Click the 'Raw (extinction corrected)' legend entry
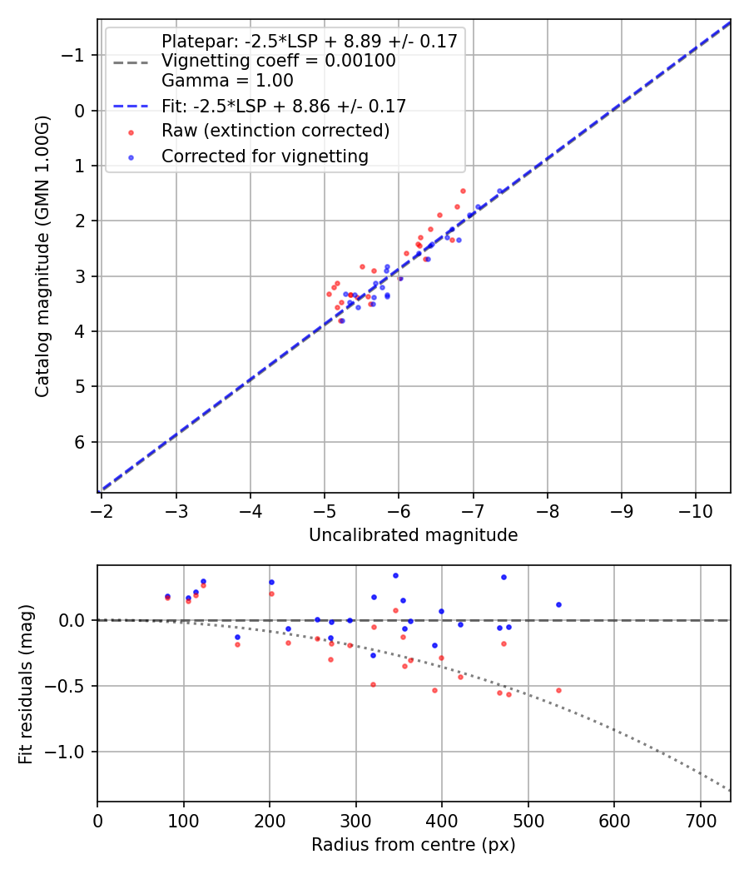click(275, 131)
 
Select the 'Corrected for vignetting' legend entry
click(264, 156)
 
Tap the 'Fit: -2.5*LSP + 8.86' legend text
click(283, 106)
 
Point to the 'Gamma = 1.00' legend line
click(227, 81)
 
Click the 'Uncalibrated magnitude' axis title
click(413, 535)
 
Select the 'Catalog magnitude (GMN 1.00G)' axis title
click(42, 256)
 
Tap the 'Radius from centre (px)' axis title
click(413, 845)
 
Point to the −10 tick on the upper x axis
click(696, 510)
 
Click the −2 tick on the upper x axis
click(102, 510)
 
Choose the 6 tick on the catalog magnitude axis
click(79, 442)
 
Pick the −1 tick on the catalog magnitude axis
click(75, 55)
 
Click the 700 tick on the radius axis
click(701, 820)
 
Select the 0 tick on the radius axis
click(97, 820)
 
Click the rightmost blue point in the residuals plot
click(558, 604)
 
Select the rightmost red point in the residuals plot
click(558, 690)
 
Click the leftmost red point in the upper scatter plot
click(329, 294)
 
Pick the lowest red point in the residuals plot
click(508, 694)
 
